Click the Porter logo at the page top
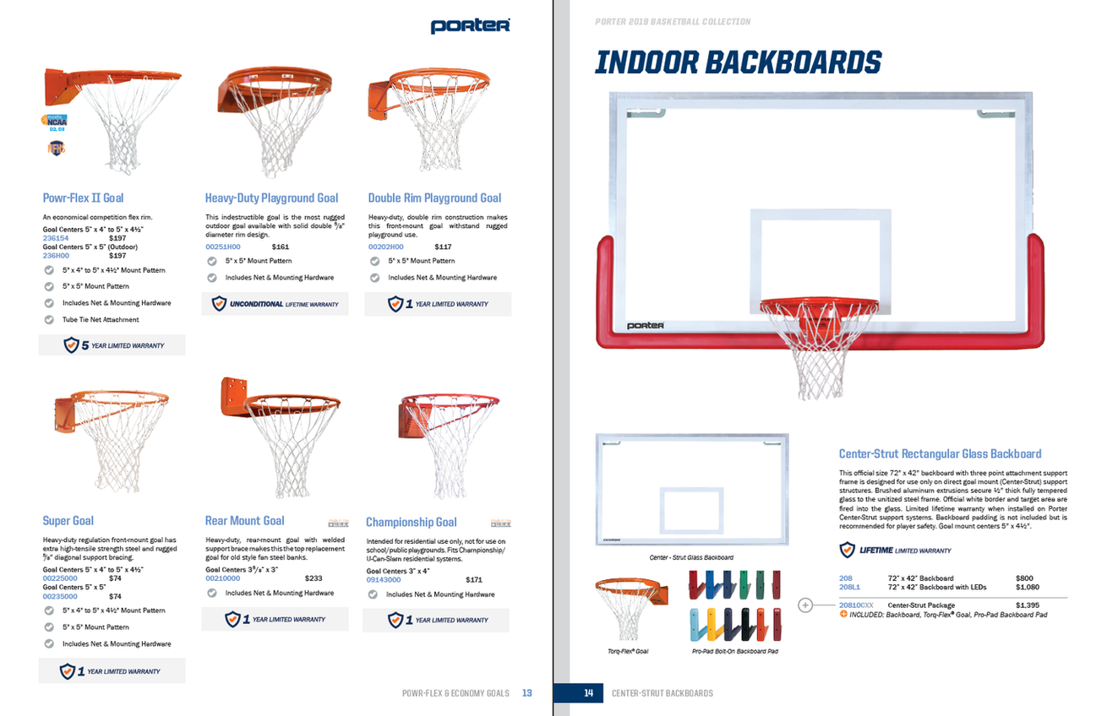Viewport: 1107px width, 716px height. (x=470, y=26)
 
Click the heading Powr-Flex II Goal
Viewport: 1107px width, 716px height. (x=83, y=198)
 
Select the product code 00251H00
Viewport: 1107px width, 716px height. (x=222, y=247)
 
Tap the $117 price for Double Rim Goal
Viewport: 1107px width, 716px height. (x=443, y=247)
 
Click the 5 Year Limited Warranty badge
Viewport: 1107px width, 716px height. (x=112, y=345)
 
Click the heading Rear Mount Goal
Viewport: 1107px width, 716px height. (x=244, y=521)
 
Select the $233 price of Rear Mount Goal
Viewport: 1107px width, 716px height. (x=313, y=578)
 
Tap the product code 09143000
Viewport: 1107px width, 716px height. (x=383, y=580)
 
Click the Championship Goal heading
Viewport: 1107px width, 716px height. (x=411, y=523)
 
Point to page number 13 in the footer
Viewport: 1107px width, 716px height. (x=526, y=693)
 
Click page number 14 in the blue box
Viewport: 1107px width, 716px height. (x=589, y=693)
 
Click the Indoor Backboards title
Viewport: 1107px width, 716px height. (x=738, y=62)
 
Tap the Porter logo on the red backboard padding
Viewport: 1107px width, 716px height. (x=645, y=325)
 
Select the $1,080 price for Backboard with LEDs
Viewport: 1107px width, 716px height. (x=1027, y=587)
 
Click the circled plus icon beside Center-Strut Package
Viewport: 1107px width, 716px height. (x=804, y=605)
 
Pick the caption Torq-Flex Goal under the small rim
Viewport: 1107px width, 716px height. (x=628, y=651)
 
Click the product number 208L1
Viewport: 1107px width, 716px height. (x=849, y=587)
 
